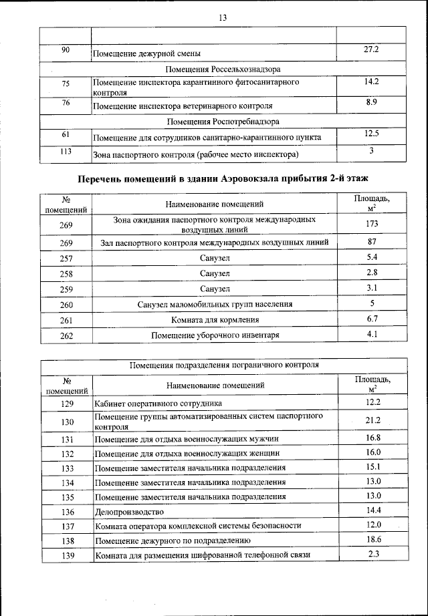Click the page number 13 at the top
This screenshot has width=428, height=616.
pos(223,18)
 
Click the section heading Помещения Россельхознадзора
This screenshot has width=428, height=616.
pos(223,69)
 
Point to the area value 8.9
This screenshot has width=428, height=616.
pos(372,102)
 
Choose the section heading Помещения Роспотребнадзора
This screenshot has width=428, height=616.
pos(223,122)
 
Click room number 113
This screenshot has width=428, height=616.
pos(66,152)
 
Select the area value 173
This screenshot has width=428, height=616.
pos(372,224)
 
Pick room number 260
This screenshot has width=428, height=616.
pos(66,305)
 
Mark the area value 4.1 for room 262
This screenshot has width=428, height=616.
pos(372,334)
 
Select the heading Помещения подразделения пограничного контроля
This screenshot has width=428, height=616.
pos(223,365)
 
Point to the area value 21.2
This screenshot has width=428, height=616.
pos(372,420)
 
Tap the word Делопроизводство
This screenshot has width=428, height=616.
pos(129,512)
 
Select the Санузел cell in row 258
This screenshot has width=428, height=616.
pos(214,273)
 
